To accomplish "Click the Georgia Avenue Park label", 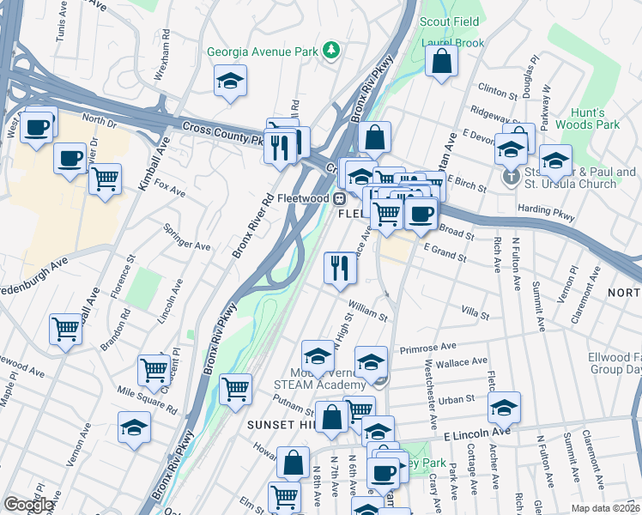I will click(x=264, y=51).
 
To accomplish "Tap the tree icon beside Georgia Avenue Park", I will click(x=331, y=51).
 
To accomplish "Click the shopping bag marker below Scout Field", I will click(x=441, y=62).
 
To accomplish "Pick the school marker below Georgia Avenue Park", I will click(x=230, y=82).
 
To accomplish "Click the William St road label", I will click(x=368, y=308).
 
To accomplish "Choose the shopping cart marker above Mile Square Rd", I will click(x=154, y=370).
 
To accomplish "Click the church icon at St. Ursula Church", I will click(x=510, y=178).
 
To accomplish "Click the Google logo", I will click(x=28, y=505).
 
